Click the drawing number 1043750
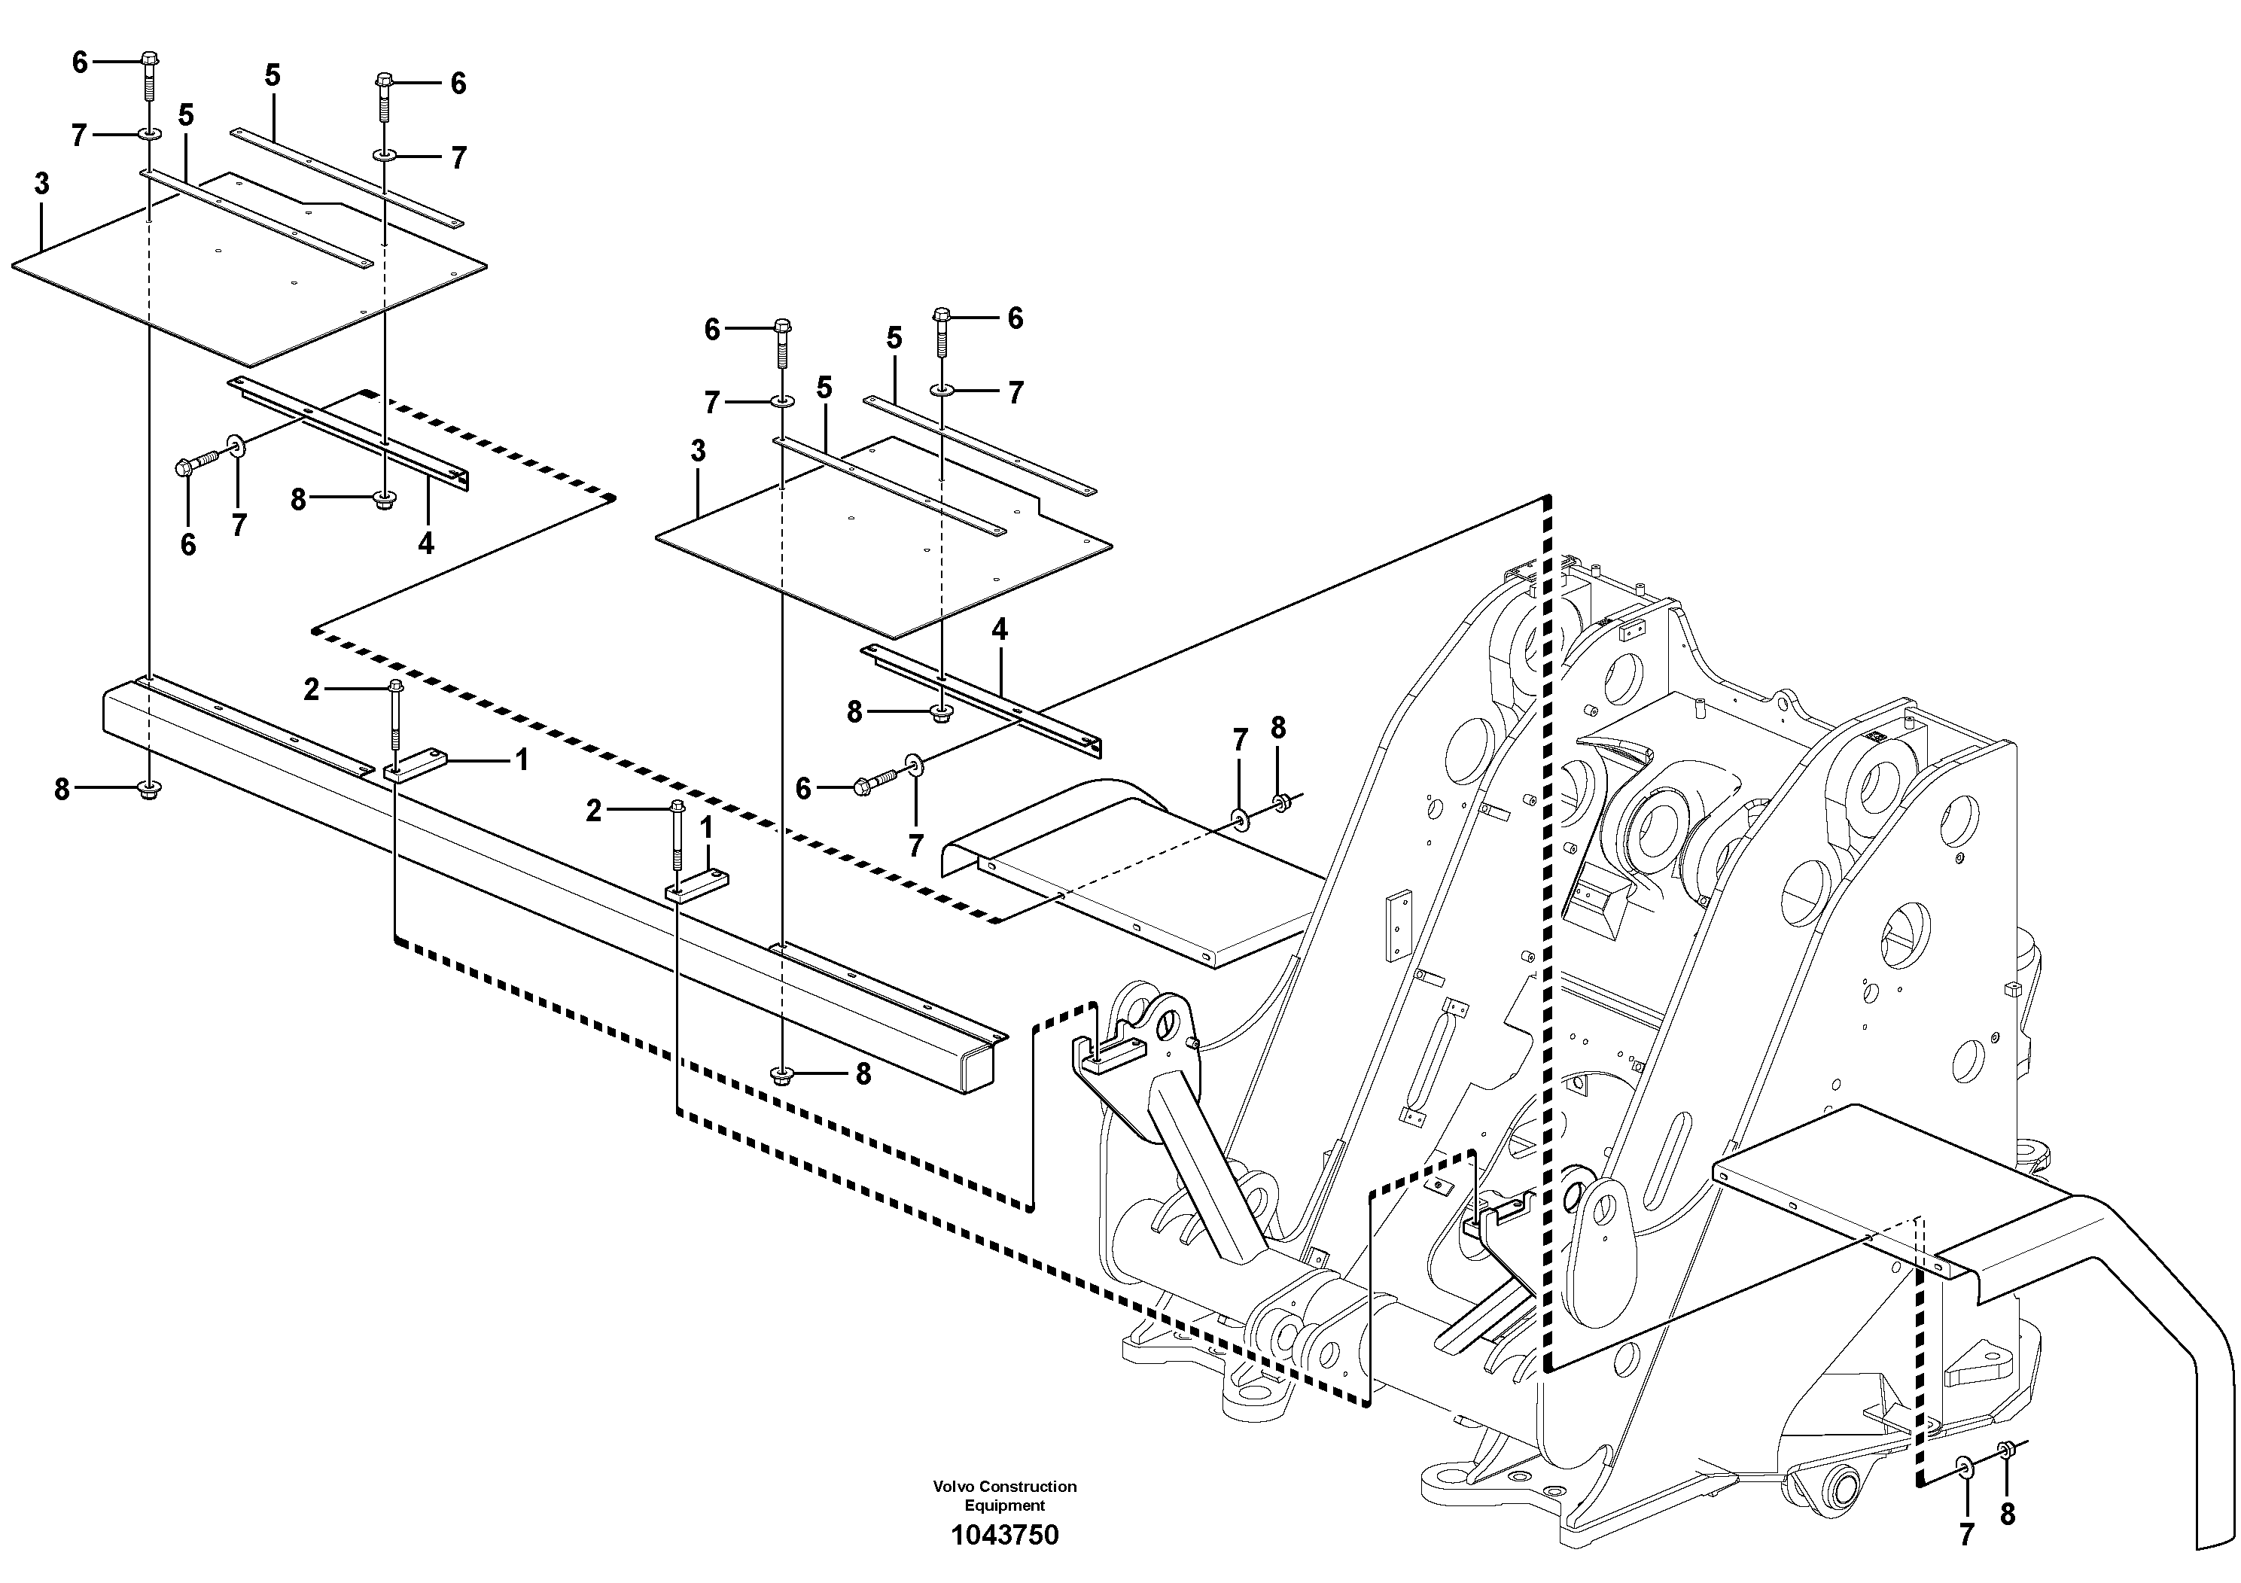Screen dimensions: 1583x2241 pyautogui.click(x=1004, y=1535)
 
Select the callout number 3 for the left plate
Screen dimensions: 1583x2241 pyautogui.click(x=41, y=184)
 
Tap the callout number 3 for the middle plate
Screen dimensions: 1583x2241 pyautogui.click(x=698, y=451)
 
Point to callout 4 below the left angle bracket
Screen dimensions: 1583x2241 pyautogui.click(x=425, y=543)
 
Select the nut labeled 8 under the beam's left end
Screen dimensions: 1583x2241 pyautogui.click(x=149, y=790)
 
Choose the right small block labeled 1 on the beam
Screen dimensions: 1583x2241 pyautogui.click(x=697, y=885)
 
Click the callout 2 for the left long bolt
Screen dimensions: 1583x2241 pyautogui.click(x=312, y=690)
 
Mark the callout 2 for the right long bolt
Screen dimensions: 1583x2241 pyautogui.click(x=593, y=810)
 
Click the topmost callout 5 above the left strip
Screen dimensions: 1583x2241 pyautogui.click(x=273, y=75)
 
